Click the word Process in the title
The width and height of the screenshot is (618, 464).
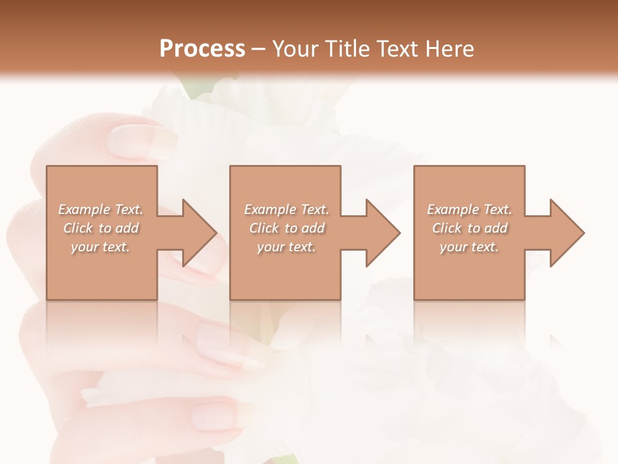[x=202, y=49]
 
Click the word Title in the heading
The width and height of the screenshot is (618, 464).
[x=344, y=49]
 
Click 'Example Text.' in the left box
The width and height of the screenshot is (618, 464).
[x=100, y=209]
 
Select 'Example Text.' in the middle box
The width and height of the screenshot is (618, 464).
[x=286, y=209]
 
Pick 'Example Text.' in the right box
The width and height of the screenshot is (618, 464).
[x=469, y=209]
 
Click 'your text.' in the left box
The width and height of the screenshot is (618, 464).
[x=100, y=247]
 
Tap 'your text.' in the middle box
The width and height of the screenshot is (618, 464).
[x=286, y=247]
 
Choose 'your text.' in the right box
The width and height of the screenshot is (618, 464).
[x=469, y=247]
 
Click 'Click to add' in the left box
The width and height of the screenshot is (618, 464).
[x=100, y=228]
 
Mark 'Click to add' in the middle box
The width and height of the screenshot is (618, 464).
[x=286, y=228]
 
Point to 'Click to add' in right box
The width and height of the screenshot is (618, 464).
[x=469, y=228]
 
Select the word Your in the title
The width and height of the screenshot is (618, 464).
[x=296, y=49]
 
